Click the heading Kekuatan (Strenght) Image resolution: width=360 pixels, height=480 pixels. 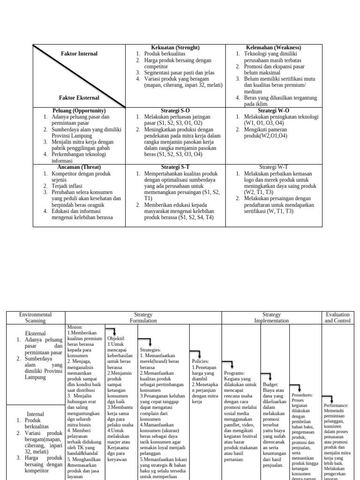[x=175, y=48]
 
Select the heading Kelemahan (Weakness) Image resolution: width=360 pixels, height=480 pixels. [x=273, y=48]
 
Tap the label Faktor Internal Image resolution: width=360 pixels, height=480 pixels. [x=79, y=54]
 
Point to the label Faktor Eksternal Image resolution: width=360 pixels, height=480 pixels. [x=79, y=97]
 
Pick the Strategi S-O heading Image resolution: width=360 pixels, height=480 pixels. [x=175, y=110]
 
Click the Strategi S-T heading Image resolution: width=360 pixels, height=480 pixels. [x=175, y=167]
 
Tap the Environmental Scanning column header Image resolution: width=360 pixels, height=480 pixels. [x=36, y=318]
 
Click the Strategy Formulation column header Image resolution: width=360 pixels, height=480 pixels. [x=143, y=318]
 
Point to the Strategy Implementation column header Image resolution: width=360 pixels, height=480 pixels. [x=271, y=318]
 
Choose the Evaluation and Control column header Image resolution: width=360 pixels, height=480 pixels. [x=338, y=318]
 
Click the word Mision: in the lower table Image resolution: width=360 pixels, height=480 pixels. [x=75, y=327]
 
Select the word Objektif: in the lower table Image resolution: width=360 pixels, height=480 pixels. [x=117, y=337]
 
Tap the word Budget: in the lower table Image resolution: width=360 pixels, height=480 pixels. [x=270, y=383]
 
